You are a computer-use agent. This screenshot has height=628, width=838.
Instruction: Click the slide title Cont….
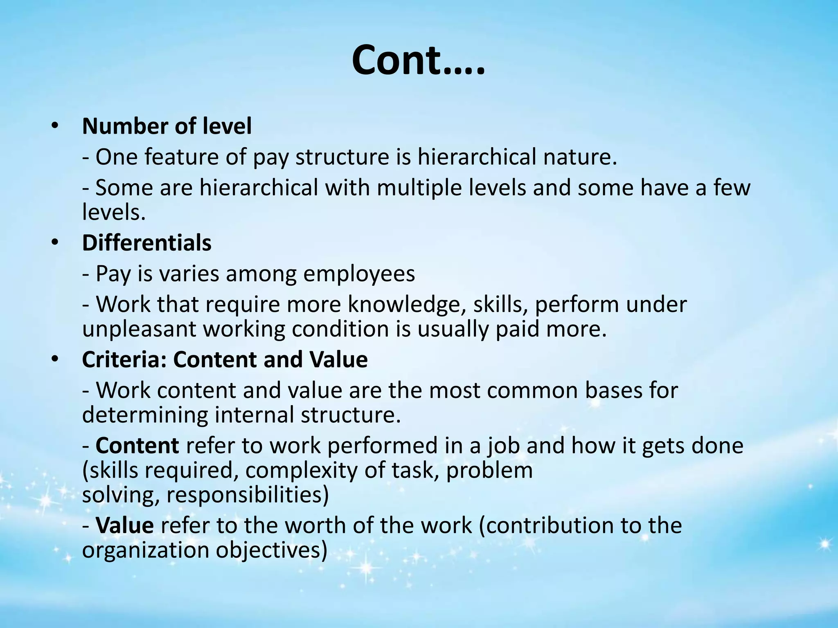[x=418, y=61]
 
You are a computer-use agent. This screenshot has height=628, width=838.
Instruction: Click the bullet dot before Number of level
[x=55, y=126]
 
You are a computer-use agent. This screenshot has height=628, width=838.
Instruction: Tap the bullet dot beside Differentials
[x=55, y=242]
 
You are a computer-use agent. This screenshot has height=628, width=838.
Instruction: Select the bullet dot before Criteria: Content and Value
[x=55, y=359]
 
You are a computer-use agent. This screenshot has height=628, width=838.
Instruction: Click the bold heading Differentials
[x=146, y=242]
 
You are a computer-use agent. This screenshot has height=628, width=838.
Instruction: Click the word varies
[x=189, y=274]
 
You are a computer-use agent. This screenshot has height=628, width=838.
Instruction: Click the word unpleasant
[x=139, y=329]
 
